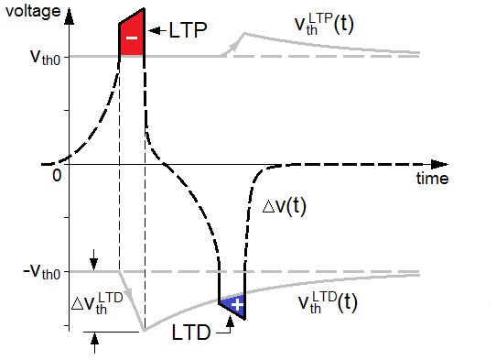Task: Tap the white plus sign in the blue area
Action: coord(236,305)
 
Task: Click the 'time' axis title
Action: coord(432,180)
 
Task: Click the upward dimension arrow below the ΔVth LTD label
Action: coord(93,342)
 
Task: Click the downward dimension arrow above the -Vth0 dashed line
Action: coord(93,265)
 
